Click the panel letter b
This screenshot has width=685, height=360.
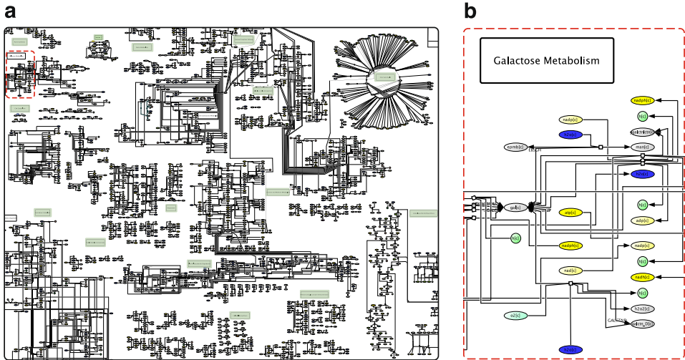(x=470, y=12)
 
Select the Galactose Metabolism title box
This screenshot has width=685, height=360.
(x=547, y=61)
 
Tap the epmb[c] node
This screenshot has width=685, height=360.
(x=516, y=147)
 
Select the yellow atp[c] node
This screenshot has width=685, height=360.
(x=571, y=213)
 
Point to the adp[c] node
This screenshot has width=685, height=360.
(x=641, y=220)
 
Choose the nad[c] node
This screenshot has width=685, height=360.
(x=570, y=271)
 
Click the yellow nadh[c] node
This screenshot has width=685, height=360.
(x=641, y=277)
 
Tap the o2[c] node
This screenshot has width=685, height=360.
(x=515, y=315)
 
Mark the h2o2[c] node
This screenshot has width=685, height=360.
(x=641, y=308)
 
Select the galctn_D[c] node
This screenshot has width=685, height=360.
(x=641, y=323)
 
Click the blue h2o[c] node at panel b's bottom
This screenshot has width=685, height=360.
(x=570, y=350)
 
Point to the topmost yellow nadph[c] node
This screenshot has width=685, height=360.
(x=641, y=100)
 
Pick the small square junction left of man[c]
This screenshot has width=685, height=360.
(x=601, y=147)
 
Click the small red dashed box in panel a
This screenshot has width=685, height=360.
(x=20, y=74)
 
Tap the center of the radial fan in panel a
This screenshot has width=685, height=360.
(x=385, y=76)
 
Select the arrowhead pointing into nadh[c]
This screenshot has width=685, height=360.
(x=659, y=277)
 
